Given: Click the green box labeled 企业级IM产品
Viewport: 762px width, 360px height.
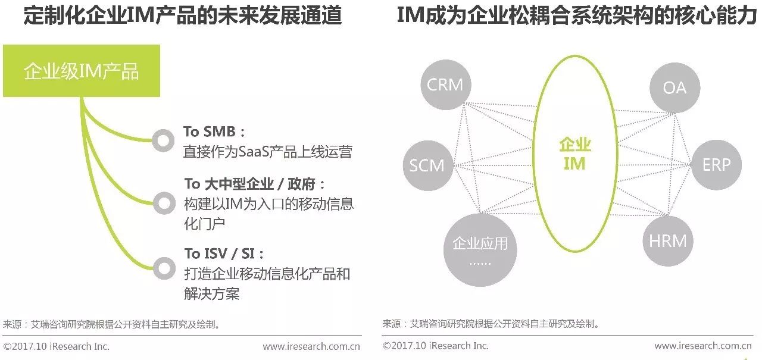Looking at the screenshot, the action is pyautogui.click(x=82, y=71).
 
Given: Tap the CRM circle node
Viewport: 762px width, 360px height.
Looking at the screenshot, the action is pyautogui.click(x=445, y=85).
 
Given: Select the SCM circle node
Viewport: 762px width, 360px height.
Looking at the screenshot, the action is pyautogui.click(x=427, y=165).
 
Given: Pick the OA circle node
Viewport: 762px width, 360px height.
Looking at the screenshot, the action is pyautogui.click(x=674, y=87).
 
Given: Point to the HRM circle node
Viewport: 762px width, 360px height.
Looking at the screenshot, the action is pyautogui.click(x=668, y=240).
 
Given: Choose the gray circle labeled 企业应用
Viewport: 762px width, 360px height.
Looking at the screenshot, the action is pyautogui.click(x=480, y=249).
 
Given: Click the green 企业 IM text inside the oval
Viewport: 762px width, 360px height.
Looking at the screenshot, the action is pyautogui.click(x=574, y=154).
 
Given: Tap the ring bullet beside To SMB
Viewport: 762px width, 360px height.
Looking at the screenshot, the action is pyautogui.click(x=163, y=140).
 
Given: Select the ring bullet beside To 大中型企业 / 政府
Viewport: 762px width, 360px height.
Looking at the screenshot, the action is pyautogui.click(x=163, y=203).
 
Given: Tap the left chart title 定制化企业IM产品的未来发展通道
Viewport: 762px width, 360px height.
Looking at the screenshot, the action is pyautogui.click(x=183, y=16).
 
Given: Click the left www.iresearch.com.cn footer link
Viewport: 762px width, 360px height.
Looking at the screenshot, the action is pyautogui.click(x=311, y=346).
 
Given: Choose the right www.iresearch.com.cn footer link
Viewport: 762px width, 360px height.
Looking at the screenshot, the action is pyautogui.click(x=702, y=346).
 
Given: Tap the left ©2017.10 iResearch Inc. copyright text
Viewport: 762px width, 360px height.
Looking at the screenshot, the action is pyautogui.click(x=57, y=346).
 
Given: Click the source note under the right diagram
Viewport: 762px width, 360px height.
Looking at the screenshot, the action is pyautogui.click(x=491, y=324).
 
